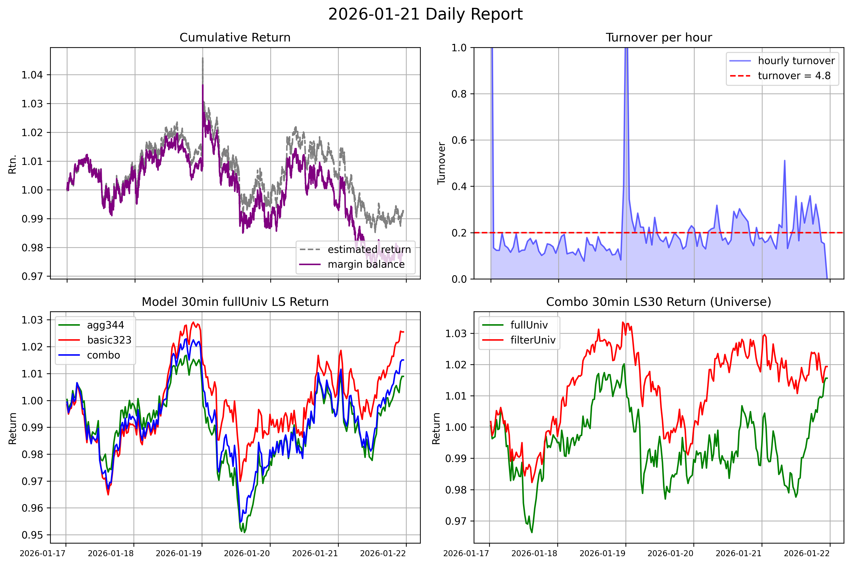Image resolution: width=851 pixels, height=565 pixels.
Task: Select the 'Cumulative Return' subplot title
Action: tap(235, 37)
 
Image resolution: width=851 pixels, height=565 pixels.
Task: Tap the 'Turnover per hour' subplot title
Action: tap(659, 37)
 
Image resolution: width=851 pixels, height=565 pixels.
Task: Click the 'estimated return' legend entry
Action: tap(369, 249)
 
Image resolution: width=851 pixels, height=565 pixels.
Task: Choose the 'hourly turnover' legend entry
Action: tap(796, 61)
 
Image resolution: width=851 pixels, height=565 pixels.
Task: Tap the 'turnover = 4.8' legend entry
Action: tap(794, 76)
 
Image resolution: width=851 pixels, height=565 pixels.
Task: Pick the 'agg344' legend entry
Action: tap(105, 325)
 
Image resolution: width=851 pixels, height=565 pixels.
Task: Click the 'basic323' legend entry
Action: tap(109, 340)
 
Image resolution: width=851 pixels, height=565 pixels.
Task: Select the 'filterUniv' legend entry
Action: tap(533, 340)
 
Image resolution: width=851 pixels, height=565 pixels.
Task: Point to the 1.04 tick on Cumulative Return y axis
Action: tap(32, 75)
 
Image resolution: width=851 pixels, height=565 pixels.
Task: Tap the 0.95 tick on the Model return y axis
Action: tap(32, 535)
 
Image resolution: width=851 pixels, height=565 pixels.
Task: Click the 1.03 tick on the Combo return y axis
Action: tap(456, 333)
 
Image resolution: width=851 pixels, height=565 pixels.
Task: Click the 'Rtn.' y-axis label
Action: tap(13, 164)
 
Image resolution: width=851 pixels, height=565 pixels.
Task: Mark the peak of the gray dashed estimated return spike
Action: tap(202, 58)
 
